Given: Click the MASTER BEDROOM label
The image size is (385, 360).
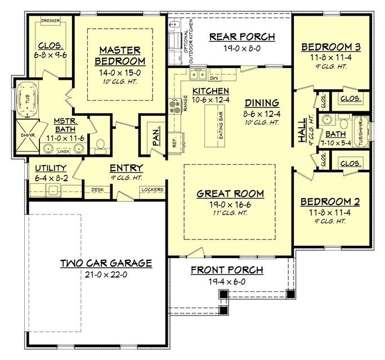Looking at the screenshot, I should tap(120, 55).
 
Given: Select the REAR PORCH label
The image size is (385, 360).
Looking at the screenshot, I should tap(242, 37).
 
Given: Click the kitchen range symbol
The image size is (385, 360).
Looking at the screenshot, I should tap(174, 106).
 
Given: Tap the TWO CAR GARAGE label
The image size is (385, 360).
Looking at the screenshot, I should tap(106, 263).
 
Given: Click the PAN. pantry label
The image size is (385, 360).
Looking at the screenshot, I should tap(156, 136).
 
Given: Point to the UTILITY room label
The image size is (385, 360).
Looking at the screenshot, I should tap(51, 168).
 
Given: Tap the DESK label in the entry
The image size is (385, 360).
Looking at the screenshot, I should tap(97, 190).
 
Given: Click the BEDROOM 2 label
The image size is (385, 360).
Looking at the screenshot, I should tap(330, 201).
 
